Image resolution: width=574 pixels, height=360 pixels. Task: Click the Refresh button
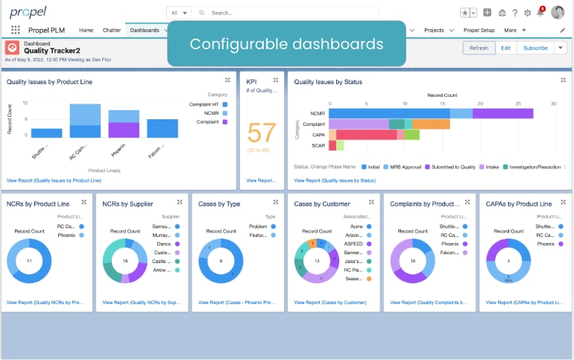tap(479, 48)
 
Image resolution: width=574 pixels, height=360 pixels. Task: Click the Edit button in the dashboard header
tap(505, 48)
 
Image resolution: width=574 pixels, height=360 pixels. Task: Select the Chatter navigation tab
tap(111, 31)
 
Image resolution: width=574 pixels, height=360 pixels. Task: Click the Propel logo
tap(28, 12)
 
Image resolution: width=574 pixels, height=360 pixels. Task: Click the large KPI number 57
tap(262, 133)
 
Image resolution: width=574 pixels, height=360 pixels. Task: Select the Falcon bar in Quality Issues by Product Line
tap(162, 128)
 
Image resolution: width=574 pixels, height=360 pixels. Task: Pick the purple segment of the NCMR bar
tap(503, 113)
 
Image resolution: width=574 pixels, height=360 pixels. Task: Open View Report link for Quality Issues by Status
tap(335, 180)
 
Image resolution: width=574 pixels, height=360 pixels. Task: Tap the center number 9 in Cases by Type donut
tap(220, 261)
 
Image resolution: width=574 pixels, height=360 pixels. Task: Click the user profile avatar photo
tap(558, 12)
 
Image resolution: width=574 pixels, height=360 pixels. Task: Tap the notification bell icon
tap(540, 13)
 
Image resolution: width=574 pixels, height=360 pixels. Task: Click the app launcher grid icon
tap(16, 31)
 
